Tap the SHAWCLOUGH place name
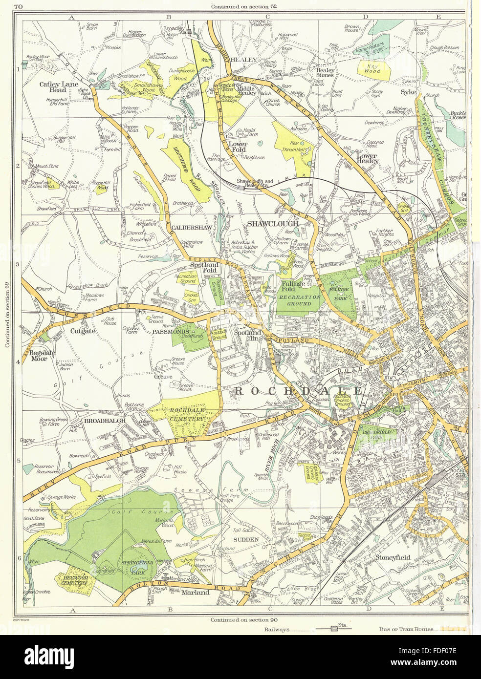pyautogui.click(x=272, y=223)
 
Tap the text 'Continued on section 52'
pyautogui.click(x=241, y=6)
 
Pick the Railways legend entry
pyautogui.click(x=279, y=629)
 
